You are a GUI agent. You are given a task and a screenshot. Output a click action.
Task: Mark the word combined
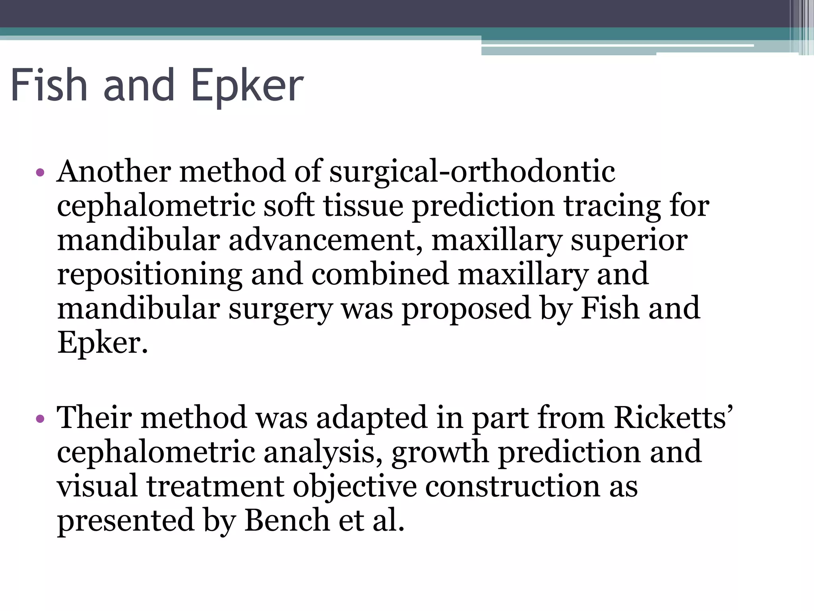pos(380,274)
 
